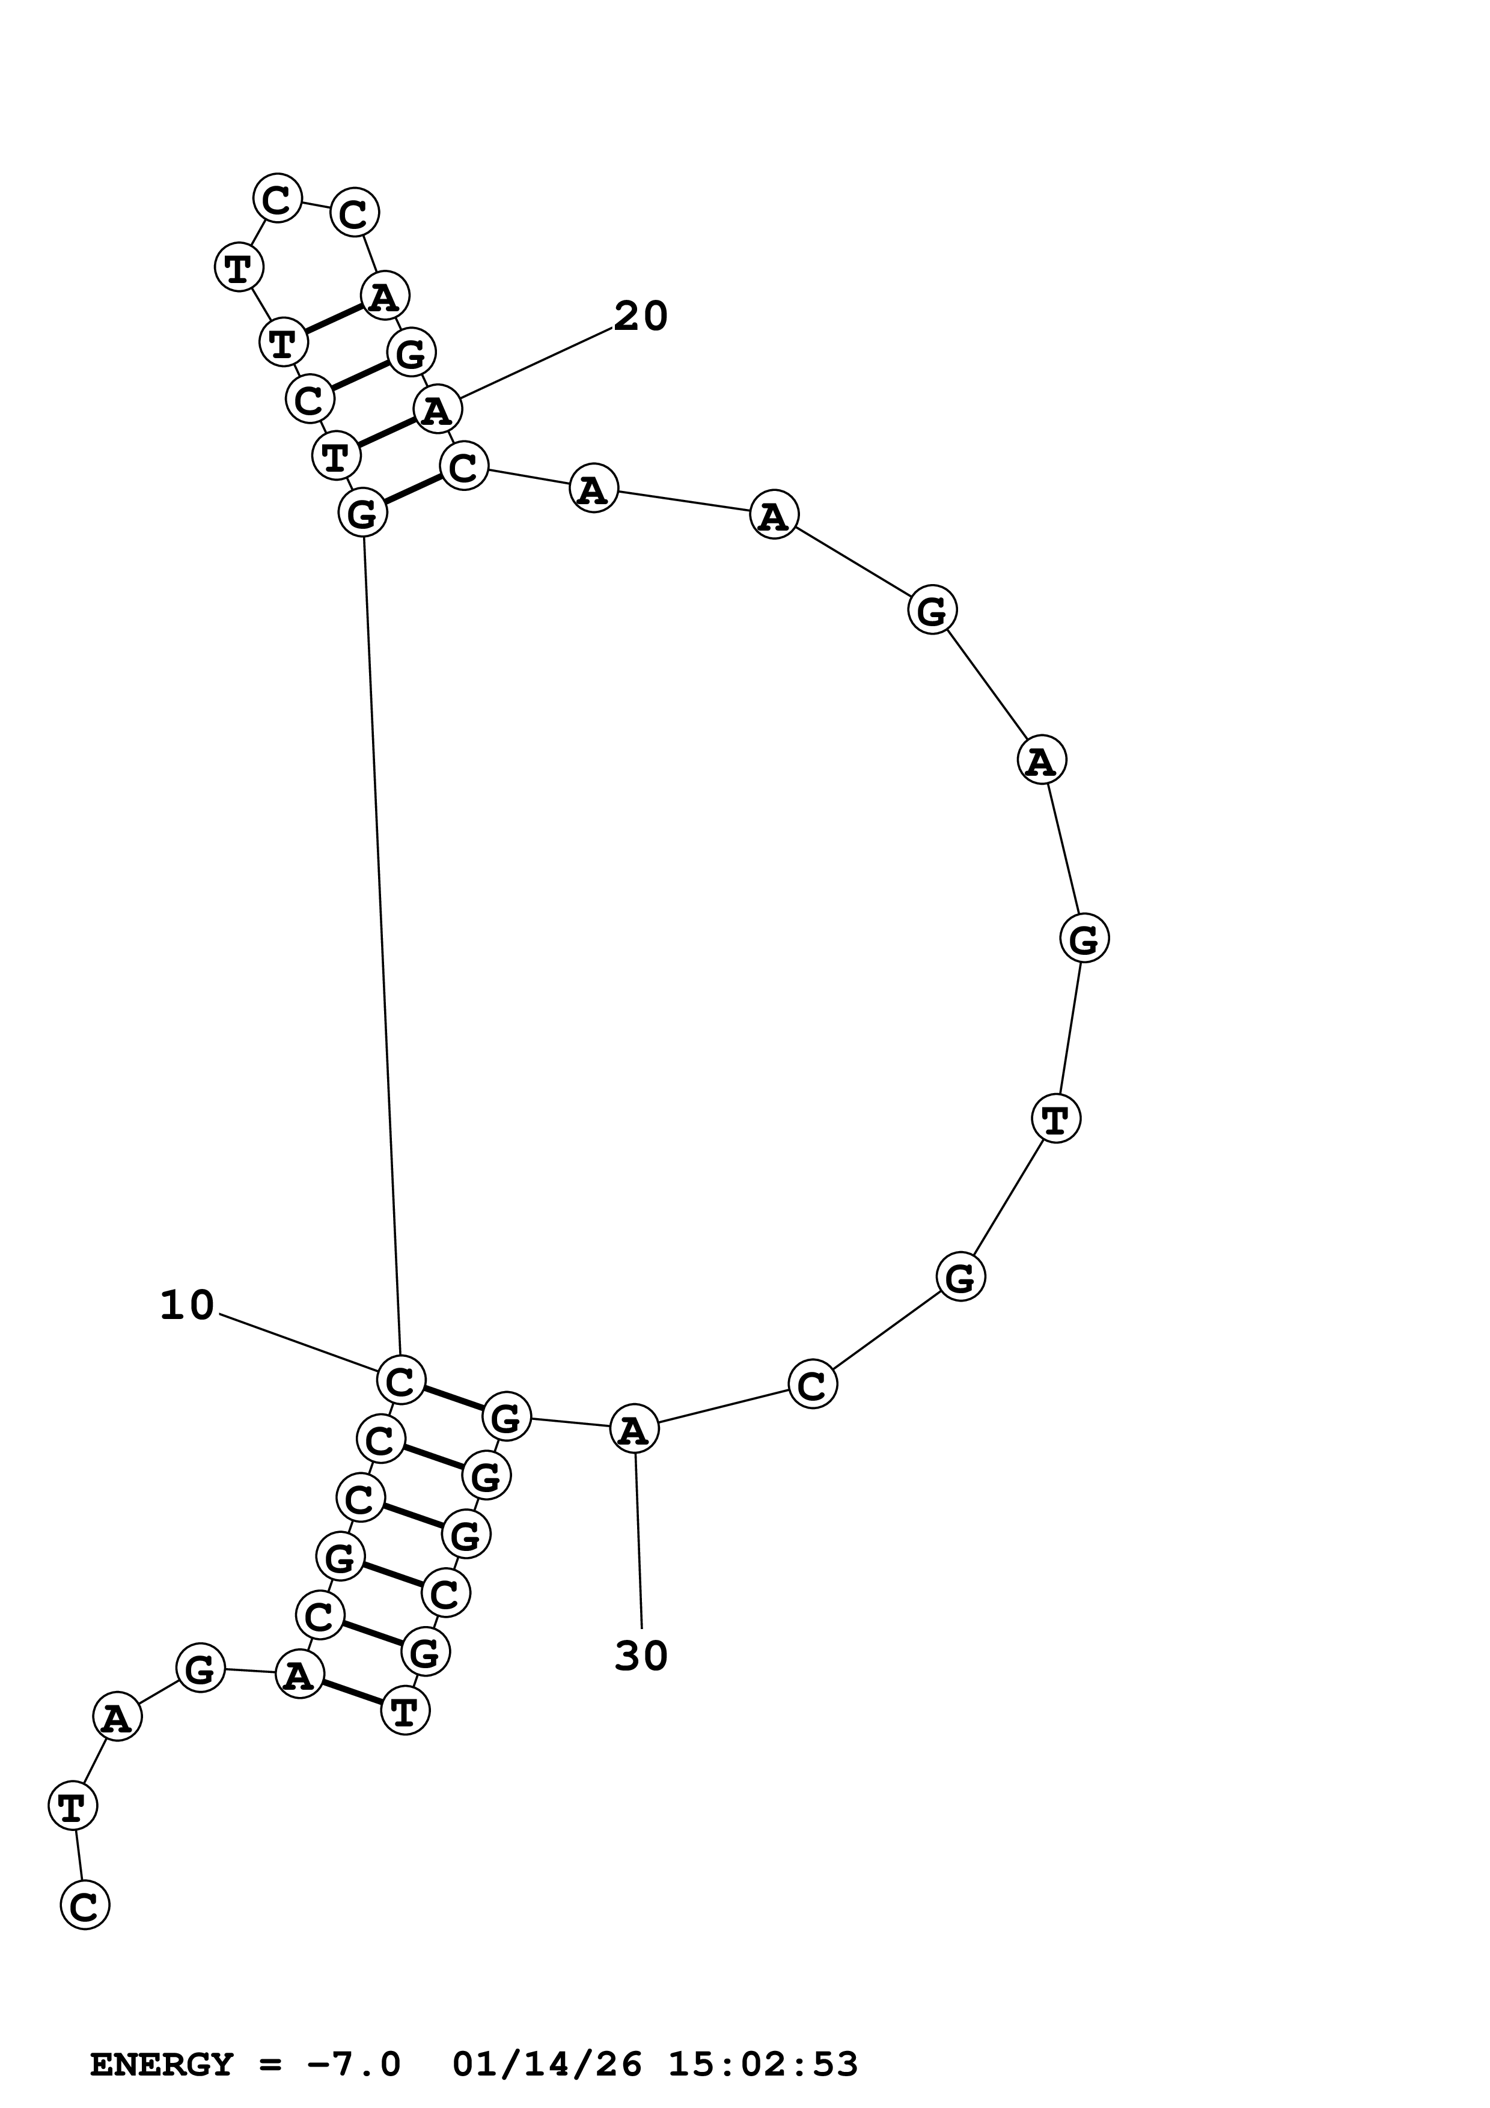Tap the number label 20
(x=640, y=317)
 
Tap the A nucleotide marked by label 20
(x=437, y=409)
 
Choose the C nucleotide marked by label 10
(x=400, y=1379)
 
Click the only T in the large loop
(x=1056, y=1118)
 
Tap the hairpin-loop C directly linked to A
(x=353, y=213)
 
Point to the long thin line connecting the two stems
(x=382, y=946)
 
